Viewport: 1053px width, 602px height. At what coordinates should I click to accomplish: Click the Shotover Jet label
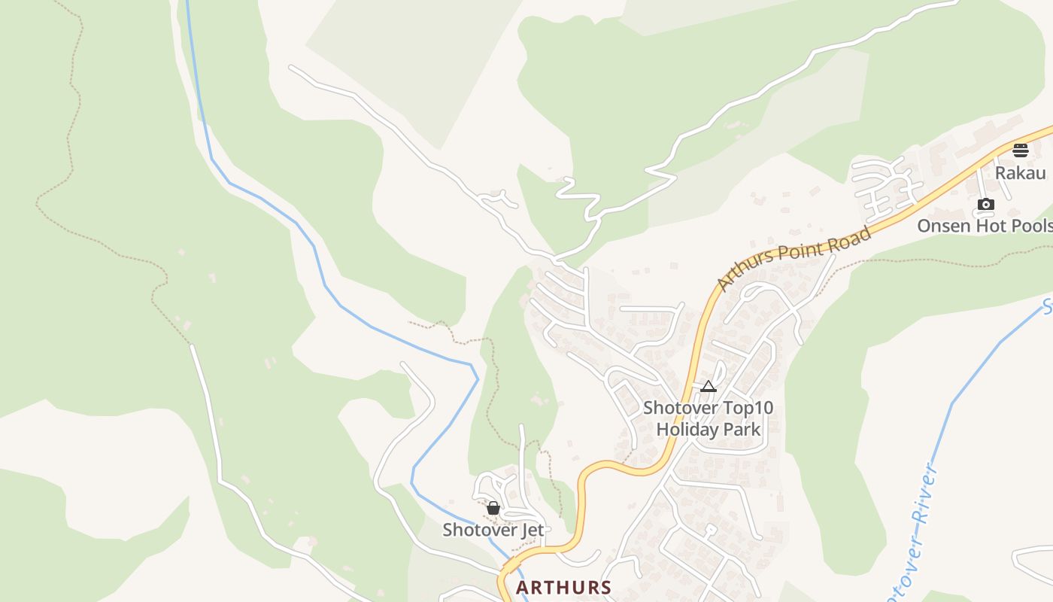(x=493, y=530)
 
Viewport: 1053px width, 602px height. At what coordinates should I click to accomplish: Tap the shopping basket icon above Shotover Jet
(x=493, y=509)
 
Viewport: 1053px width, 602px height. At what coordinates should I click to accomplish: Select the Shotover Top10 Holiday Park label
(x=708, y=419)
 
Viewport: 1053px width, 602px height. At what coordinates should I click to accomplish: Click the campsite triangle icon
(x=708, y=387)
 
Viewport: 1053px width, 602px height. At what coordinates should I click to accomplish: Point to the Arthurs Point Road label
(x=794, y=258)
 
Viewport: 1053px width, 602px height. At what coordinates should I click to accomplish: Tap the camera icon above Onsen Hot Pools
(x=985, y=204)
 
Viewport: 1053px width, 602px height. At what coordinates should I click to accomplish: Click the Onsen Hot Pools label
(x=985, y=226)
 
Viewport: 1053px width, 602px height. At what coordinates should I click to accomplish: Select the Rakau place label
(x=1020, y=173)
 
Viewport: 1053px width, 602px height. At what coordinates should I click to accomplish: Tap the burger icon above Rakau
(x=1020, y=150)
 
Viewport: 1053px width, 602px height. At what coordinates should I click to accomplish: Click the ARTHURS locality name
(x=563, y=587)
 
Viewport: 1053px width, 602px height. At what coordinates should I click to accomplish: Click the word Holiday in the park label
(x=683, y=430)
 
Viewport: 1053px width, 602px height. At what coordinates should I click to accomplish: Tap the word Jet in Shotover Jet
(x=531, y=530)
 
